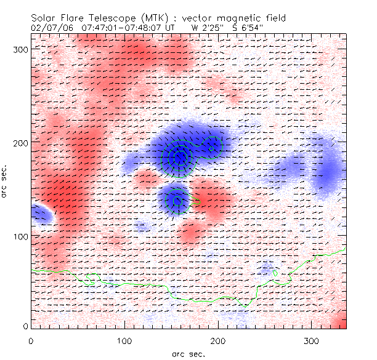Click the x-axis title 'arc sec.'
tap(188, 353)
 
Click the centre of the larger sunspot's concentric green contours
tap(180, 158)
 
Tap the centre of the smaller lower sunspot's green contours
tap(177, 200)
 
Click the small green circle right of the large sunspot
tap(212, 148)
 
